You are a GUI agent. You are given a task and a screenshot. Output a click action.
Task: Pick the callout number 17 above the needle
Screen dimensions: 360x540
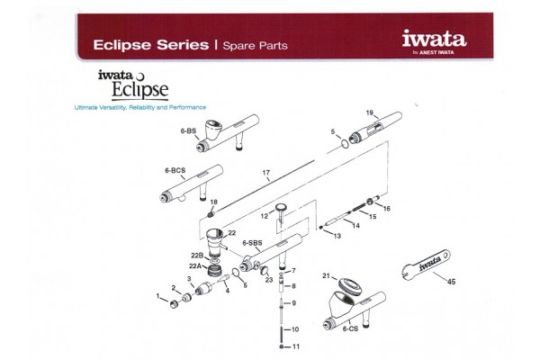(x=266, y=172)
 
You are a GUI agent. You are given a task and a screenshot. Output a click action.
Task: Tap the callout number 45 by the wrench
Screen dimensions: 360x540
(x=452, y=283)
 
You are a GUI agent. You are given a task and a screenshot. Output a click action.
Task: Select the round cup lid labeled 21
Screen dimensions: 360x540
(x=346, y=286)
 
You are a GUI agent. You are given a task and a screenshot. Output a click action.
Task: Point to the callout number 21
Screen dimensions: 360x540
(x=327, y=274)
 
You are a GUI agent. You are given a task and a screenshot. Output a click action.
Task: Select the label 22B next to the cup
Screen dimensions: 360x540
(x=194, y=256)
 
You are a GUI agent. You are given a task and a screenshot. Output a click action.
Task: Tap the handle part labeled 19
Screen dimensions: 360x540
(x=374, y=131)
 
